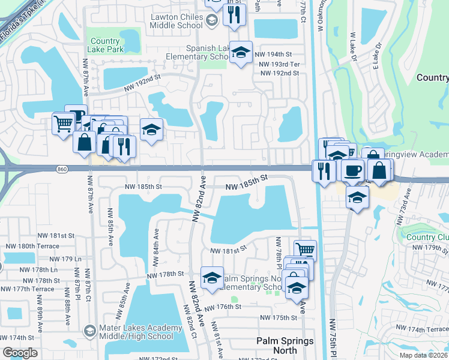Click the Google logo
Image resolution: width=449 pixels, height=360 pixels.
20,353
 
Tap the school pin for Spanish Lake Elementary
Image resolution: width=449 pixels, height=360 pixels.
241,53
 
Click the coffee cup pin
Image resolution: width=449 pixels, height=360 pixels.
353,170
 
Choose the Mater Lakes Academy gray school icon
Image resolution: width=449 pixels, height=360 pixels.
89,331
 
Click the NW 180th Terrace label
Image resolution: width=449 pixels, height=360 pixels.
33,246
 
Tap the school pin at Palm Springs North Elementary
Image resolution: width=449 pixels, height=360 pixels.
212,278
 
